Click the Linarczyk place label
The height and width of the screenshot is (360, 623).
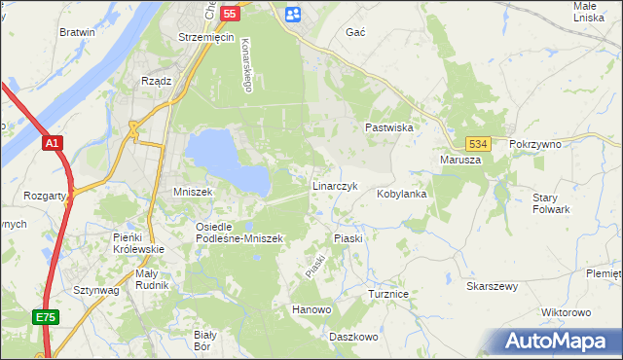(x=336, y=185)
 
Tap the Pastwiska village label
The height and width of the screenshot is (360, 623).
(x=390, y=127)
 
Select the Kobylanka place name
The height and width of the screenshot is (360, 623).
(x=403, y=194)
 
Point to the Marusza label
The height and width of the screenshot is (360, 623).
(x=460, y=160)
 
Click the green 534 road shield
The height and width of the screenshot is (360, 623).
(x=476, y=142)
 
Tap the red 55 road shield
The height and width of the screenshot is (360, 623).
(x=230, y=14)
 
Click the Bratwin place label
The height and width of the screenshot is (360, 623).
(x=77, y=32)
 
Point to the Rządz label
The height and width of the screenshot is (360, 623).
(x=157, y=81)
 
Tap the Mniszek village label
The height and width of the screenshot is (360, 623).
(x=193, y=193)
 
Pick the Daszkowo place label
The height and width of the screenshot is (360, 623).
(x=352, y=337)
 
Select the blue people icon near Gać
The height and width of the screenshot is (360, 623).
(x=294, y=14)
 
